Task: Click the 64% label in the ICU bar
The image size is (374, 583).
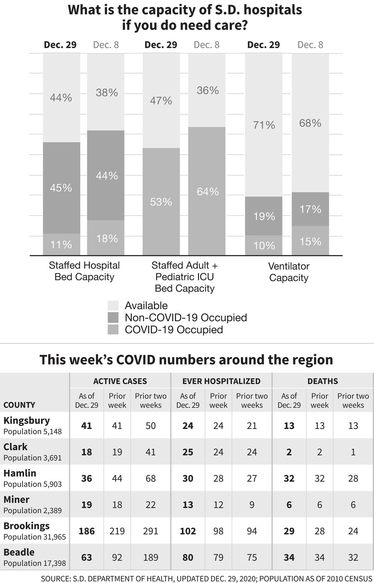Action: (x=207, y=192)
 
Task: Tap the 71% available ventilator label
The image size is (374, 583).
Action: (x=264, y=125)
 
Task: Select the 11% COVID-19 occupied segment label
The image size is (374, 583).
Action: (x=61, y=245)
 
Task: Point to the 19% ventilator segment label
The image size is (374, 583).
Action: (x=264, y=216)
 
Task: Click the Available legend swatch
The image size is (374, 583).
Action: (x=113, y=306)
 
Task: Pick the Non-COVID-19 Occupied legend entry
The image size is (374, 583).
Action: (x=185, y=318)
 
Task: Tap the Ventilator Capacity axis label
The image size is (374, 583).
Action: (x=289, y=272)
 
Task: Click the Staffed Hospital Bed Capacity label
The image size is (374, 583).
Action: (x=84, y=271)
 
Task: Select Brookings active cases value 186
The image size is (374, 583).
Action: (x=86, y=531)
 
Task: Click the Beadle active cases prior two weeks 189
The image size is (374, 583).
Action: (x=150, y=558)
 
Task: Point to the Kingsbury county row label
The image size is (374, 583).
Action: (x=26, y=420)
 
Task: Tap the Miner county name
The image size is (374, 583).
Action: (x=16, y=499)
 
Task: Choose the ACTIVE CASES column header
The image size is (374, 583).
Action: (x=120, y=381)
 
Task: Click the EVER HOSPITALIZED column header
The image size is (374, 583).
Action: (x=221, y=381)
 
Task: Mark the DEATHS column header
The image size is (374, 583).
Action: (x=323, y=381)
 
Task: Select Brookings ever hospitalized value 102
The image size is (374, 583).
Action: (x=188, y=531)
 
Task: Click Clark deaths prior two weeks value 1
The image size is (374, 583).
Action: (x=353, y=452)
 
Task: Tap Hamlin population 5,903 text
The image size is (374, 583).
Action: (x=32, y=484)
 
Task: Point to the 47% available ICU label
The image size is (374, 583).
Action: (x=161, y=101)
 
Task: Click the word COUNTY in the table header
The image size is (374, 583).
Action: (x=19, y=405)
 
